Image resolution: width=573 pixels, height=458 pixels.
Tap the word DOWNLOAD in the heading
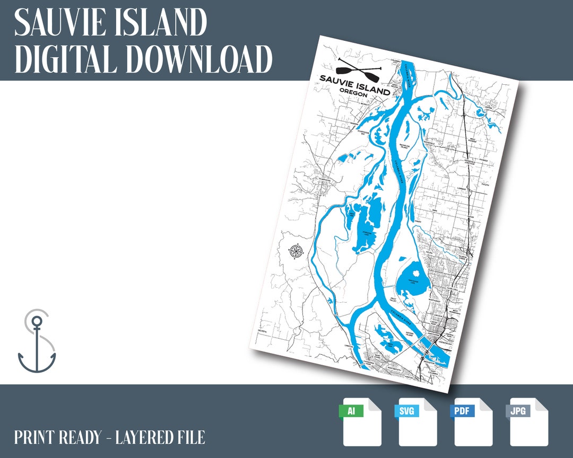click(x=198, y=59)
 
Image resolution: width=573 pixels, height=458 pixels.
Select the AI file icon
click(x=362, y=422)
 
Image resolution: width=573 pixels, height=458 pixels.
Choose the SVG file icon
click(x=418, y=422)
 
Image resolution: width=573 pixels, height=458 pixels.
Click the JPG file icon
click(x=529, y=422)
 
